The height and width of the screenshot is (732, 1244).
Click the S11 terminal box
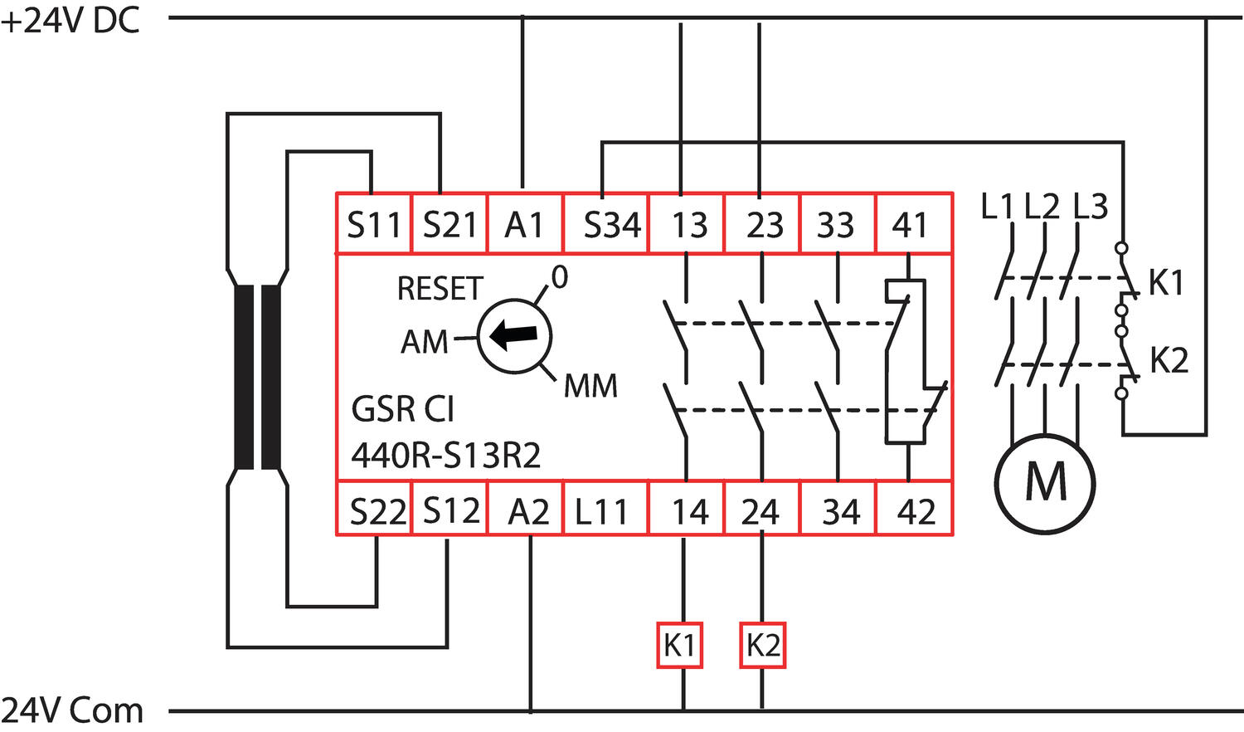[x=373, y=224]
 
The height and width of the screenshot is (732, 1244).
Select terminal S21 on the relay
[x=449, y=224]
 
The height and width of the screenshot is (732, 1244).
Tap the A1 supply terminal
[x=524, y=224]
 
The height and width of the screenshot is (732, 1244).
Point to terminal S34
[x=611, y=224]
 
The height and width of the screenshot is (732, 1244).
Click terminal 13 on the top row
[x=688, y=224]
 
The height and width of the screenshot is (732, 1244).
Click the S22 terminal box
[x=377, y=511]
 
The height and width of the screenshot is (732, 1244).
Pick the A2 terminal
[x=528, y=511]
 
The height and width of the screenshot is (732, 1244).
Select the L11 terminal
[x=601, y=511]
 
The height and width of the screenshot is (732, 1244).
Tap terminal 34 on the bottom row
[x=840, y=511]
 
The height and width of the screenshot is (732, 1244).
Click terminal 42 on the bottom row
[x=916, y=511]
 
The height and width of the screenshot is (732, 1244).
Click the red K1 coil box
[x=680, y=645]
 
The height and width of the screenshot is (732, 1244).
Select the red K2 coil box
[x=762, y=645]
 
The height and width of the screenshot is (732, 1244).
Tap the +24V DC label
[x=70, y=21]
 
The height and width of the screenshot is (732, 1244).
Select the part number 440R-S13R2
[x=446, y=455]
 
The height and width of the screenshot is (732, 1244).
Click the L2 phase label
[x=1042, y=207]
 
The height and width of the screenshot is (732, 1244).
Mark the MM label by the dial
[x=590, y=386]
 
